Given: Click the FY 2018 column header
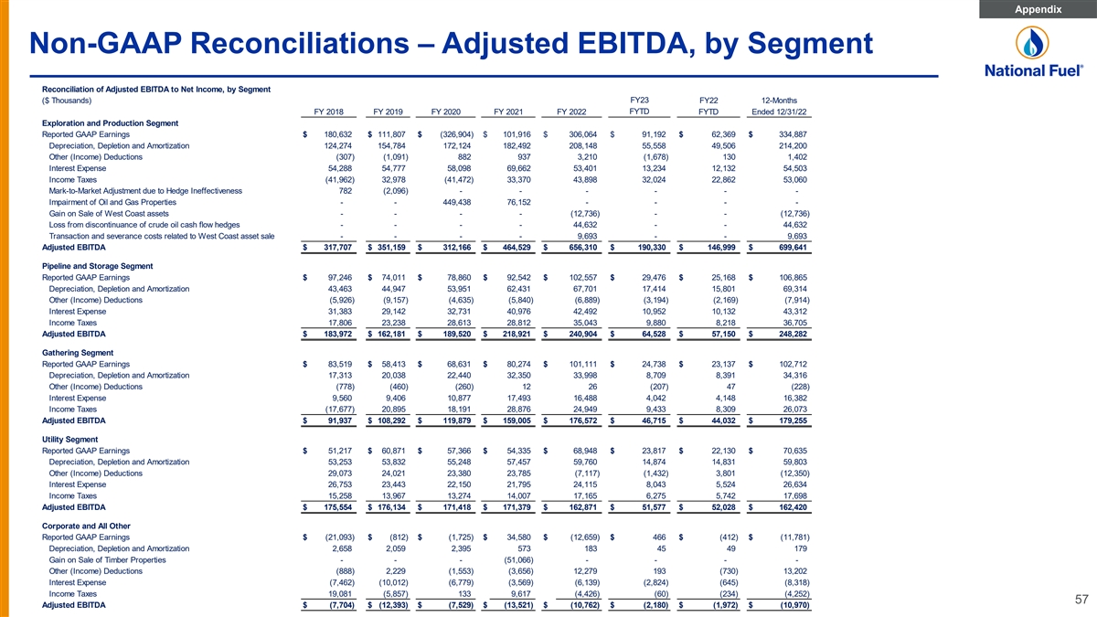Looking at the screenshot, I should [329, 112].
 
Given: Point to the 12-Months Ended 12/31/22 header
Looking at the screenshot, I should [779, 106].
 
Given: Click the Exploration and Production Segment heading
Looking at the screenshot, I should [110, 123].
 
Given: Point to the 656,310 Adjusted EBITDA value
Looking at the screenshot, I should [577, 247].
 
